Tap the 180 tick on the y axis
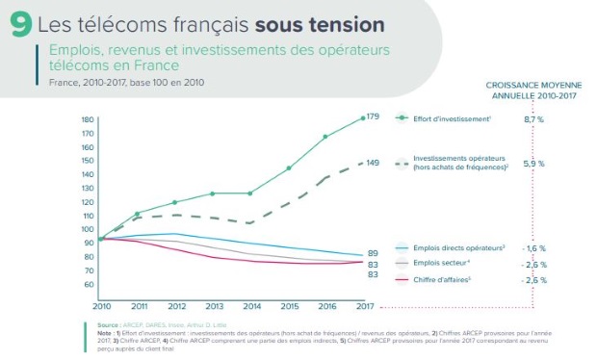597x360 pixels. (x=88, y=120)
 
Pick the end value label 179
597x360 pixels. (x=374, y=116)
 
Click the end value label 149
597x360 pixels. (x=374, y=163)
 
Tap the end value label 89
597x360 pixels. (x=372, y=253)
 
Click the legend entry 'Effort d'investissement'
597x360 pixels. (x=452, y=118)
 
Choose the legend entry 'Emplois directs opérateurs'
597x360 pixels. (x=457, y=247)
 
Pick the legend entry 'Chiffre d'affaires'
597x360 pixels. (x=446, y=279)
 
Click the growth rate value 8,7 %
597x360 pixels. (x=534, y=118)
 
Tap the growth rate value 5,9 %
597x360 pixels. (x=534, y=165)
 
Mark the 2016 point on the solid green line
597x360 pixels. (x=325, y=137)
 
